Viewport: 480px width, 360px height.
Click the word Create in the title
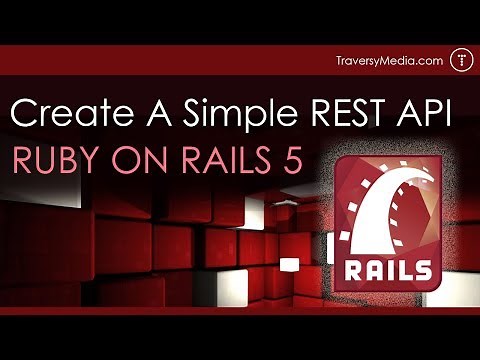tap(69, 114)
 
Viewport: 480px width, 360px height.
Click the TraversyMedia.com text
tap(389, 61)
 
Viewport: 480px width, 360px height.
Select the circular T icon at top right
tap(460, 60)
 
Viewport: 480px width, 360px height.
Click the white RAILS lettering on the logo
tap(391, 271)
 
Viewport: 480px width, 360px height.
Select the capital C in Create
tap(23, 114)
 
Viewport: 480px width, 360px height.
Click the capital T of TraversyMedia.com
tap(340, 61)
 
